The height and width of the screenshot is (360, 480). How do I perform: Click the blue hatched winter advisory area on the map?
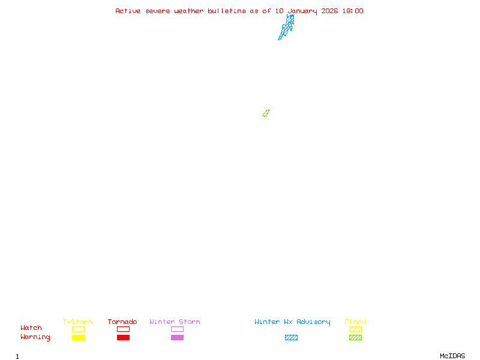pyautogui.click(x=286, y=27)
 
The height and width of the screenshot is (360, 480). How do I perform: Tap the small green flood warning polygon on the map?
pyautogui.click(x=266, y=113)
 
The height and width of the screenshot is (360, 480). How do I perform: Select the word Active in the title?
pyautogui.click(x=128, y=11)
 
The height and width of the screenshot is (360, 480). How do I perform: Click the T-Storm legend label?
pyautogui.click(x=77, y=322)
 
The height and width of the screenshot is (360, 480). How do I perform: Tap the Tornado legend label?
pyautogui.click(x=122, y=322)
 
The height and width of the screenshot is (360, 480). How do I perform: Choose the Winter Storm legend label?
pyautogui.click(x=175, y=322)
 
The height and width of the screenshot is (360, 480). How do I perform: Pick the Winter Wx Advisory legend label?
pyautogui.click(x=292, y=322)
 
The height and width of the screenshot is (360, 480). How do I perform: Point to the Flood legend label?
pyautogui.click(x=355, y=322)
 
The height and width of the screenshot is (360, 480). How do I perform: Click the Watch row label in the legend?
pyautogui.click(x=31, y=328)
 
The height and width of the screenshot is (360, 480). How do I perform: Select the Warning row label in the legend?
pyautogui.click(x=35, y=337)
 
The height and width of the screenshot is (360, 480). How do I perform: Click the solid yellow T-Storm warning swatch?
pyautogui.click(x=78, y=338)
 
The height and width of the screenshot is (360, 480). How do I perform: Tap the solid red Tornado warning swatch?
pyautogui.click(x=123, y=338)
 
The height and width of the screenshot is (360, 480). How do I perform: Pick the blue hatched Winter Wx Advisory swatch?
pyautogui.click(x=291, y=338)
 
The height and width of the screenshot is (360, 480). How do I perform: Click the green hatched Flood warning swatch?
pyautogui.click(x=355, y=338)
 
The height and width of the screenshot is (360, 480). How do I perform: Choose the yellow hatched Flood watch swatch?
pyautogui.click(x=355, y=329)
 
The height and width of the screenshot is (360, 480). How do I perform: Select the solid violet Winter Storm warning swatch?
pyautogui.click(x=177, y=338)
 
